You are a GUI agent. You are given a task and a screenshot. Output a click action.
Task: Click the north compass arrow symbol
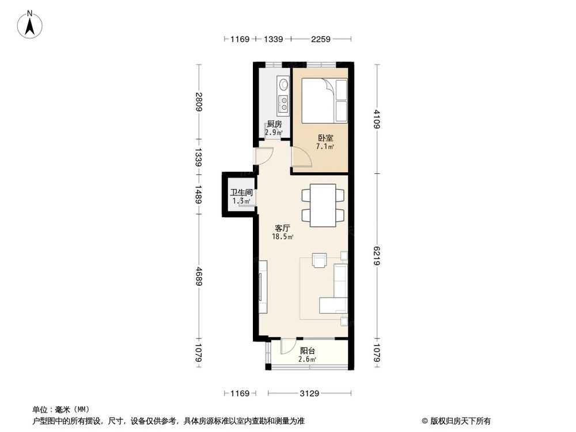coord(31,24)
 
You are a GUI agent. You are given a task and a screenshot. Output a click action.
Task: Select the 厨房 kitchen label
coord(274,124)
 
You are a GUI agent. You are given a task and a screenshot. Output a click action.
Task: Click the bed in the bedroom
coord(325,101)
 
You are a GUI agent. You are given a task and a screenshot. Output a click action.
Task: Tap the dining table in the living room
coord(323,205)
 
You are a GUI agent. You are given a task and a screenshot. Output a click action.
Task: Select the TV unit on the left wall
coord(262,287)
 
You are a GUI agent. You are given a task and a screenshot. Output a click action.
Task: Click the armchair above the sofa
coord(320,260)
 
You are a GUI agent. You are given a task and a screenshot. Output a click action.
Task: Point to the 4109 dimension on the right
coord(377,119)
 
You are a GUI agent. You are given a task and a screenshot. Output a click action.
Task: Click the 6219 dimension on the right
coord(377,255)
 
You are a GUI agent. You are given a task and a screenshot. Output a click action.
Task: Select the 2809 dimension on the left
coord(198,102)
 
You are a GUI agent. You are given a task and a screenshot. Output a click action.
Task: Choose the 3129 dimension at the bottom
coord(309,394)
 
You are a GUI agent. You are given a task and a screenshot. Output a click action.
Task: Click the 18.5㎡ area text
coord(283,237)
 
